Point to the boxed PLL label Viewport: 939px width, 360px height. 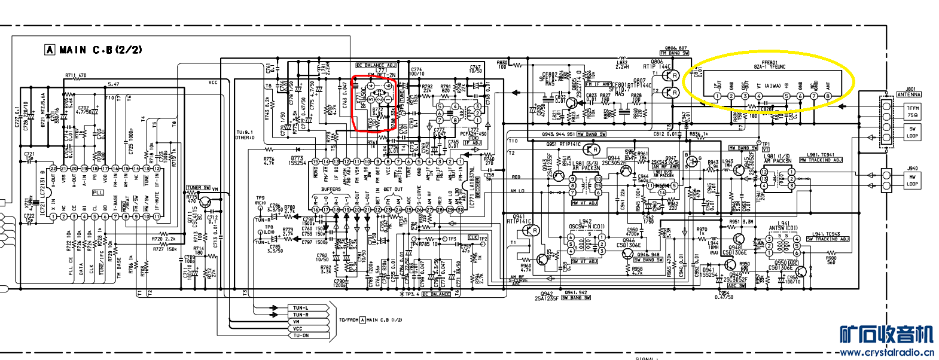tap(98, 193)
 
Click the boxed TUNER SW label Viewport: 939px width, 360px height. tap(198, 188)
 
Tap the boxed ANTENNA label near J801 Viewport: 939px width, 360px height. tap(908, 94)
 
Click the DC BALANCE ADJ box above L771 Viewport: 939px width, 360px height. tap(376, 65)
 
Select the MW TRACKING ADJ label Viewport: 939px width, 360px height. tap(821, 160)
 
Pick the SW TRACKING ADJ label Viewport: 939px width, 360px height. tap(828, 239)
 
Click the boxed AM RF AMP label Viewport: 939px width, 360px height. tap(665, 167)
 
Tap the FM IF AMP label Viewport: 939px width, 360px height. tap(598, 84)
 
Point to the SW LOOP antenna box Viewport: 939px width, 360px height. tap(912, 132)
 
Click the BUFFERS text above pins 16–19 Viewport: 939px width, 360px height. tap(331, 190)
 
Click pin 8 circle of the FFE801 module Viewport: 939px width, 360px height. tap(828, 96)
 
